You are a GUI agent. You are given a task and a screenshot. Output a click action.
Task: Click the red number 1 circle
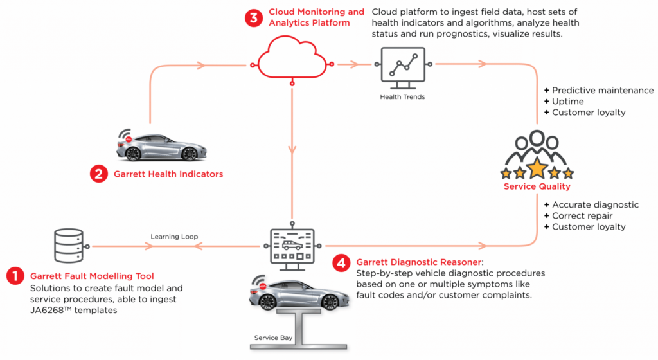15,276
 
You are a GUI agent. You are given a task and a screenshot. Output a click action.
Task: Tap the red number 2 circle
99,174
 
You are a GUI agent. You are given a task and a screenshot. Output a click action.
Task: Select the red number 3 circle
254,18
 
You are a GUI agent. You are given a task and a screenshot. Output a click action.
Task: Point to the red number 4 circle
341,263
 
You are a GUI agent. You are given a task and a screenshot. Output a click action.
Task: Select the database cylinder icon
69,246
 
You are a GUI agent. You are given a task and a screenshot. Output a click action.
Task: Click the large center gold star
537,168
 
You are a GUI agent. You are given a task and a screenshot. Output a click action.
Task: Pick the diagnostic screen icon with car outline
292,247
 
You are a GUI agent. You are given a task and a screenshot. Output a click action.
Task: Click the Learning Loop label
174,237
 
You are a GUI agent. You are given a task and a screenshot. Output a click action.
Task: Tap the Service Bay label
273,337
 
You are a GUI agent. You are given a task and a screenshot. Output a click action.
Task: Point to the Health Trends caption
402,97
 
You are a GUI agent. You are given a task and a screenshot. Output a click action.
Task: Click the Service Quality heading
537,186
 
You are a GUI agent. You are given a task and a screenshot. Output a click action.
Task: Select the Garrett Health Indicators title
168,174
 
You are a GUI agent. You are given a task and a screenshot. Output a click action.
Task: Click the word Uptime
568,102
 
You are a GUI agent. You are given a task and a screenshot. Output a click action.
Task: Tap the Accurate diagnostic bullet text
595,205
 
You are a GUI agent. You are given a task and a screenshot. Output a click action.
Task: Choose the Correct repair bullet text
582,215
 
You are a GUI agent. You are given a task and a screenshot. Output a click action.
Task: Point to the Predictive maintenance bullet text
603,90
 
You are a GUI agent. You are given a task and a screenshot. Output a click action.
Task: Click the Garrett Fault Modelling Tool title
92,276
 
